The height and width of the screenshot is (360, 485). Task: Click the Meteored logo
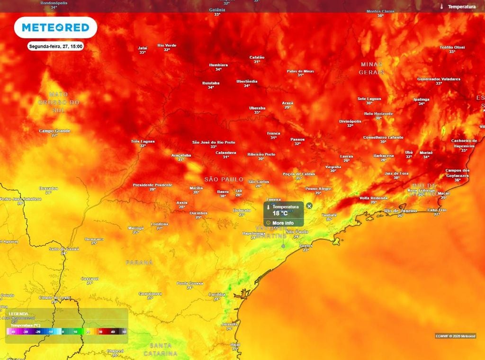55,27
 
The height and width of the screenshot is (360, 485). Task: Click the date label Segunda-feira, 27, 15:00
56,46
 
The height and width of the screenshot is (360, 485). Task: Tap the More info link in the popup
283,223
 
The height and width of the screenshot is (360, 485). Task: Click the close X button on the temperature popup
309,206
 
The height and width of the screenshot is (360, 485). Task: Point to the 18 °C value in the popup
280,214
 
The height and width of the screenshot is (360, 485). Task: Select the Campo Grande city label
54,131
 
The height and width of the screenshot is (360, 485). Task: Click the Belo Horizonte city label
378,114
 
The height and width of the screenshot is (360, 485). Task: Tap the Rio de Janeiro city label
401,210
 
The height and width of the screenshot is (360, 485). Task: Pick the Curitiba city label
217,294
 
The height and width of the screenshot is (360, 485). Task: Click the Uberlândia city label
247,81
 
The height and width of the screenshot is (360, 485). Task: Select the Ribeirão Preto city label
261,154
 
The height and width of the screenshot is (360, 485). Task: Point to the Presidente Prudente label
153,185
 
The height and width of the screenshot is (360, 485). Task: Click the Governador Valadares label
439,79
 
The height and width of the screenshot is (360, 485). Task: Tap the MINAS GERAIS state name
372,68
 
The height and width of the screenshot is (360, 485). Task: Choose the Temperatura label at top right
461,7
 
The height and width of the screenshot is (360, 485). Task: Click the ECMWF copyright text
455,336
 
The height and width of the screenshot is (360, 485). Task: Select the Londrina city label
160,224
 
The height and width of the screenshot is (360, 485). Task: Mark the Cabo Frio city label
437,210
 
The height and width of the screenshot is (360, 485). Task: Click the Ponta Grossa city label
190,283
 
